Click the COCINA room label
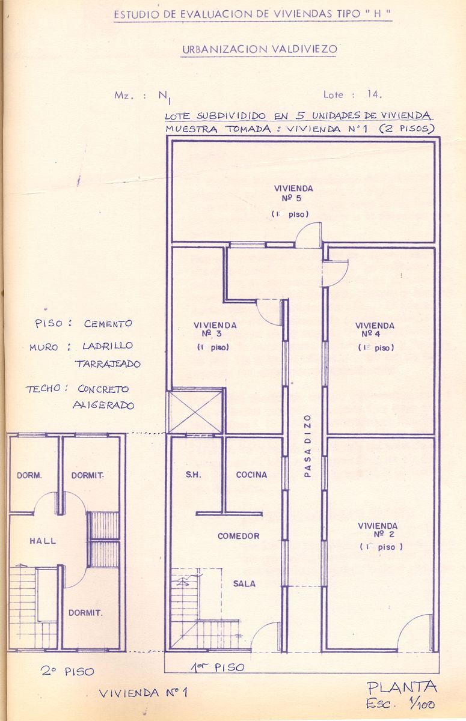(251, 475)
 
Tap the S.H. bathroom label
(193, 475)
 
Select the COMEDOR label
(238, 536)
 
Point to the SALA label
(244, 583)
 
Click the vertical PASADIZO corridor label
(308, 446)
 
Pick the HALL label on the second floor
(43, 541)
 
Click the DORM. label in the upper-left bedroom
(29, 475)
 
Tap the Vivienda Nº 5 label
(293, 193)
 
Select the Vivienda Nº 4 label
(375, 329)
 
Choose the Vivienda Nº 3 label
(215, 329)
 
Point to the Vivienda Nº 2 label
(378, 530)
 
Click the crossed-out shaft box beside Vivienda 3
(195, 412)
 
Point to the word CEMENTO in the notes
(108, 323)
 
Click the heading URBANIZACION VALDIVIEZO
(260, 49)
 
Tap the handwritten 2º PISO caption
(67, 671)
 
